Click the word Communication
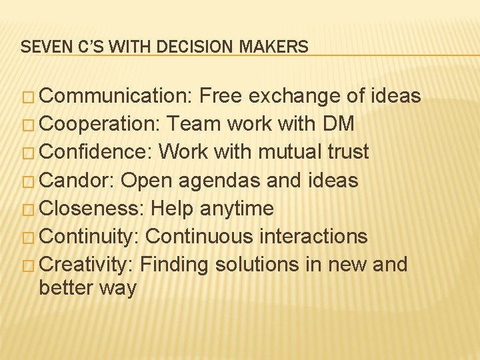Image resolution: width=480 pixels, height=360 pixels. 116,97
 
